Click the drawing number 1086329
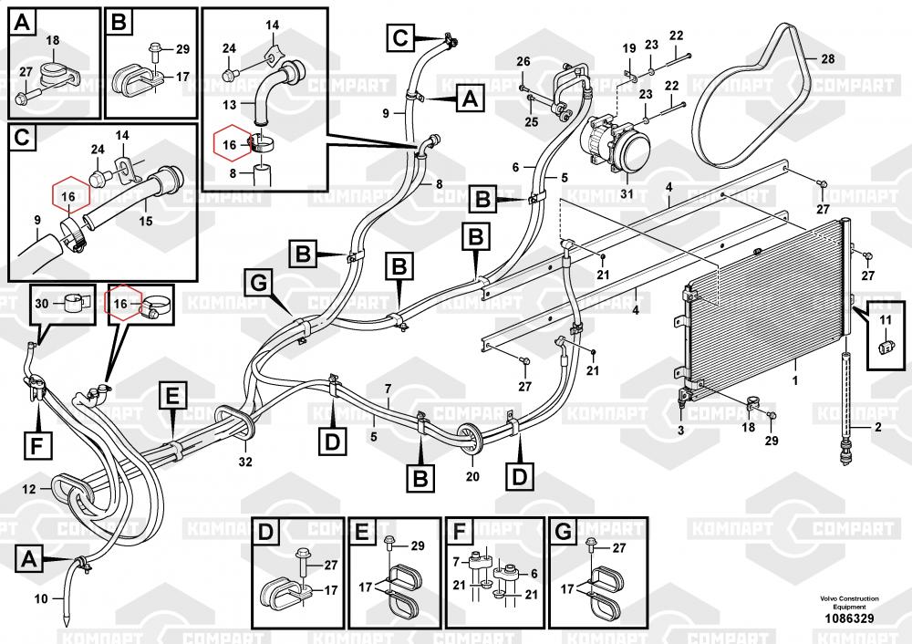pyautogui.click(x=849, y=619)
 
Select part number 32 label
pyautogui.click(x=244, y=462)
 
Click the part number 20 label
pyautogui.click(x=472, y=475)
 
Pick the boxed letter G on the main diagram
pyautogui.click(x=258, y=284)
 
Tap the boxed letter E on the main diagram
pyautogui.click(x=171, y=396)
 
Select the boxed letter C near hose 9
pyautogui.click(x=400, y=37)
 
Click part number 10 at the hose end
pyautogui.click(x=39, y=599)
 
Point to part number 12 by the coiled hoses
pyautogui.click(x=29, y=489)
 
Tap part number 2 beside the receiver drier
pyautogui.click(x=878, y=426)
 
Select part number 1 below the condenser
pyautogui.click(x=795, y=378)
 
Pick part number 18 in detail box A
pyautogui.click(x=51, y=40)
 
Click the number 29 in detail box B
pyautogui.click(x=181, y=48)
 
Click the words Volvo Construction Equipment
pyautogui.click(x=849, y=602)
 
